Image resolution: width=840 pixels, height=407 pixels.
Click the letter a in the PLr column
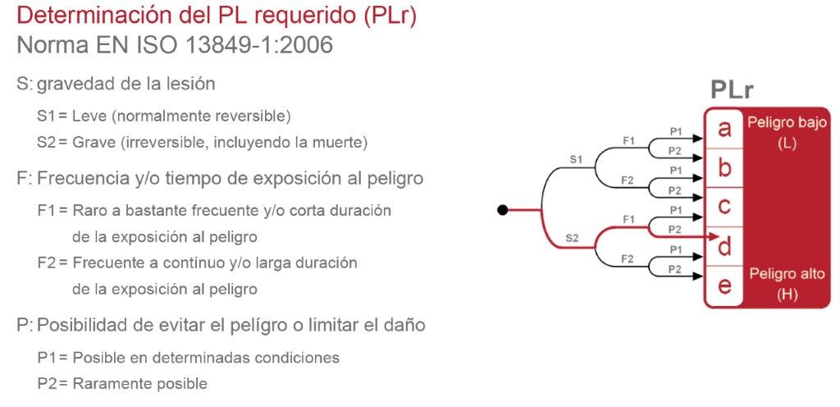(724, 129)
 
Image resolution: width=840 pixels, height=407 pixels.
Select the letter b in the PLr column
(724, 167)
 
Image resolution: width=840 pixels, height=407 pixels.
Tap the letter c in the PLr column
(724, 206)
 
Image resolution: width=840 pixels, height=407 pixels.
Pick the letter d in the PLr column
(724, 245)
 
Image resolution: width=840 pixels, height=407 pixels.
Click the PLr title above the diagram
(733, 91)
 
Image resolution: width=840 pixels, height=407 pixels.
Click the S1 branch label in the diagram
(576, 159)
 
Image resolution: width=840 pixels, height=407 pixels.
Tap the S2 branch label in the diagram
(573, 238)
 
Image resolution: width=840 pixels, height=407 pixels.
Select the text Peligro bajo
(787, 123)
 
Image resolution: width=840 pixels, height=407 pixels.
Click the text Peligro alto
(787, 274)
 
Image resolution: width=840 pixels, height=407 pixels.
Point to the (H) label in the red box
(787, 295)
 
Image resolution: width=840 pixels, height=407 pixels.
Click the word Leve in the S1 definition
(90, 116)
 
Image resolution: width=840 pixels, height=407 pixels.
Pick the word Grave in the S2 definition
(94, 142)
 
